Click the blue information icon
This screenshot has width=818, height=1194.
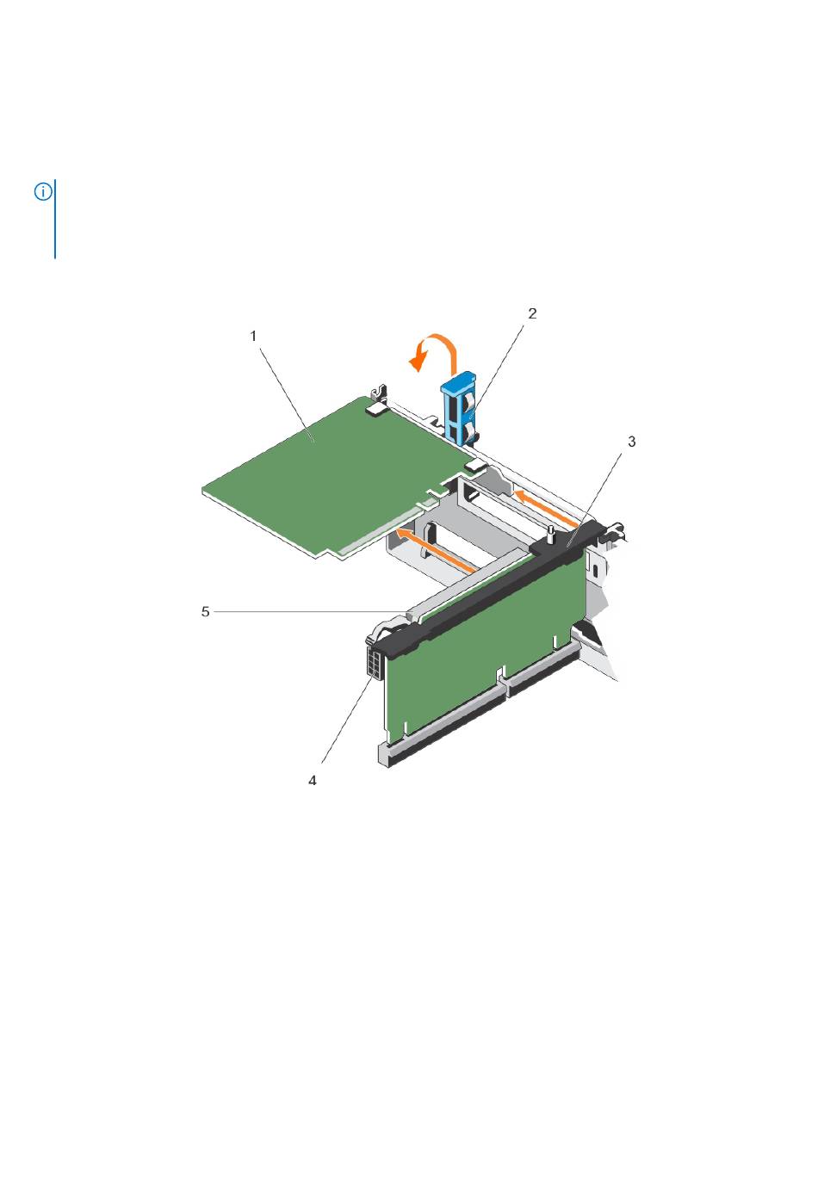[43, 191]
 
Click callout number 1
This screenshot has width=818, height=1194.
[253, 336]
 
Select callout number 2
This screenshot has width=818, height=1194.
[532, 312]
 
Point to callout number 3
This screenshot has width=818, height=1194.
[631, 442]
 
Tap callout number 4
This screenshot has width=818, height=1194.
[313, 781]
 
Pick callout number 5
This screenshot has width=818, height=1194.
[205, 611]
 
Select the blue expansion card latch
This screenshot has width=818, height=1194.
[459, 407]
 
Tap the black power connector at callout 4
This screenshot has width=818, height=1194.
[376, 661]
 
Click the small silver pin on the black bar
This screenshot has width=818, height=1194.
[549, 534]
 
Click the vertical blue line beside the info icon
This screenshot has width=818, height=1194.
[55, 219]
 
